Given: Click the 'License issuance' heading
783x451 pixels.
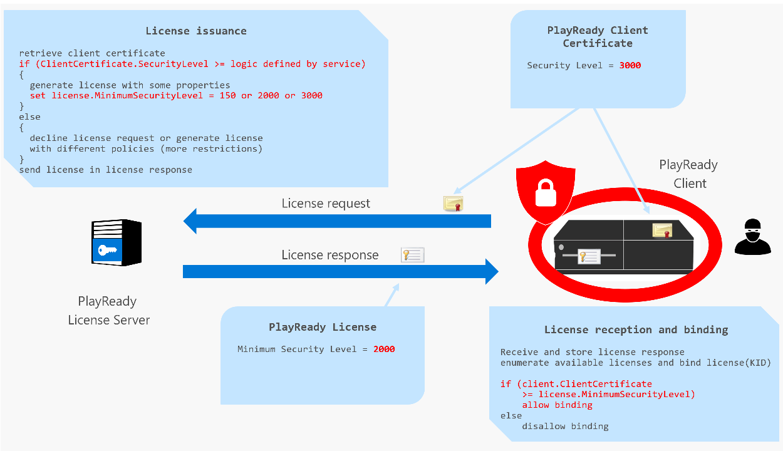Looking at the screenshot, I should coord(196,31).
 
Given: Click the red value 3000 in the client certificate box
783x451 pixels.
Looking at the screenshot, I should coord(630,65).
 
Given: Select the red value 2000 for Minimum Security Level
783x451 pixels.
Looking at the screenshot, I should coord(384,349).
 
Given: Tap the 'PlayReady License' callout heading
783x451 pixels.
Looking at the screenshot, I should coord(323,327).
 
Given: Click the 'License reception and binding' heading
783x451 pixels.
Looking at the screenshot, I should coord(636,329).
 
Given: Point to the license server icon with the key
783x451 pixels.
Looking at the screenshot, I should coord(117,243).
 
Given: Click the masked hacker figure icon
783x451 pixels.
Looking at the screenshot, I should coord(752,237).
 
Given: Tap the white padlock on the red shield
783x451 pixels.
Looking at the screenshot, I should coord(545,191).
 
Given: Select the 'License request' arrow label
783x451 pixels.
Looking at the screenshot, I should coord(326,204).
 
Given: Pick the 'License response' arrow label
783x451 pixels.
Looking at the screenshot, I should coord(329,255).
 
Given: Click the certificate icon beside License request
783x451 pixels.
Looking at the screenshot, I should coord(453,204).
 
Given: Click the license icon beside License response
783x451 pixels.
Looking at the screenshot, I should coord(413,254).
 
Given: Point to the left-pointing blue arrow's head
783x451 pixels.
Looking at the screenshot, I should coord(191,221).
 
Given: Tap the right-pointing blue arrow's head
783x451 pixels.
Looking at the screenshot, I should coord(490,272).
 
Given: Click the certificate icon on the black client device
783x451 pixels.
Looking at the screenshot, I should coord(662,230).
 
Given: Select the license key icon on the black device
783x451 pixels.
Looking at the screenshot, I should coord(589,256).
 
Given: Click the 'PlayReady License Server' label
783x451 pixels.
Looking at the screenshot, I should coord(108,311).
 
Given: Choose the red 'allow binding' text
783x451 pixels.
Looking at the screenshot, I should coord(557,405).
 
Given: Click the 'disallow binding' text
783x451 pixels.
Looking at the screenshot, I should coord(565,426).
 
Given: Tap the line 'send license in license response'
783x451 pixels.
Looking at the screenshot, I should coord(105,170).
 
